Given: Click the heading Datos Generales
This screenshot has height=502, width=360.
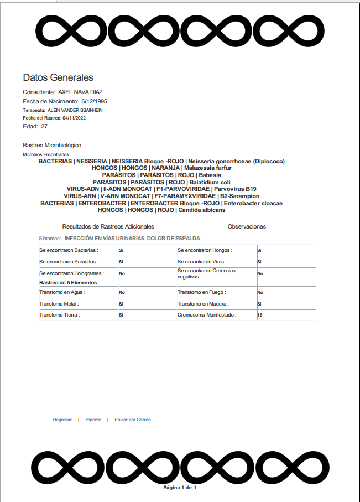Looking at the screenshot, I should tap(58, 77).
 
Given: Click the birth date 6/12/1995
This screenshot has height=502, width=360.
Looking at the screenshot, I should tap(94, 101).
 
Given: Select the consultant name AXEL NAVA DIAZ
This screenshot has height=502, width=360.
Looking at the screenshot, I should tap(80, 92).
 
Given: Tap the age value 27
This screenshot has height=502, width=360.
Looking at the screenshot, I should tap(44, 127).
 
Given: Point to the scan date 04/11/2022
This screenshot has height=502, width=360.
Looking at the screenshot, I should tap(74, 118).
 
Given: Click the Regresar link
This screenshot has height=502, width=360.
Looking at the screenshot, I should tap(62, 420).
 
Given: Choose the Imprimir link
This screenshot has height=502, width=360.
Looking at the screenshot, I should tap(93, 420).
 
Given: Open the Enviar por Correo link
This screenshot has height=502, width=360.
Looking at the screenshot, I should tap(133, 420).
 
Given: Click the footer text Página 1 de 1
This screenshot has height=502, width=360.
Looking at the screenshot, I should tap(180, 488).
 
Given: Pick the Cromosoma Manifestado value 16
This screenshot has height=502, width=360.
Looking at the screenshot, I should tap(260, 315).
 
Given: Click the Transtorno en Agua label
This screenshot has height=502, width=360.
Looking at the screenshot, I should tap(62, 292).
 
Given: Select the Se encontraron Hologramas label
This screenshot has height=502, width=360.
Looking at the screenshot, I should tap(70, 273).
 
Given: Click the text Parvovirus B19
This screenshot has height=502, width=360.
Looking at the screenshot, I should tap(235, 189).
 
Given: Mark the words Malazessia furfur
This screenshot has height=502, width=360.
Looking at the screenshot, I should tap(208, 168).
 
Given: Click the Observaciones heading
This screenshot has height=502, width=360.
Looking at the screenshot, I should tap(247, 227).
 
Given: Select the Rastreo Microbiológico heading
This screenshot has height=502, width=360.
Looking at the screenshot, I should tap(52, 145).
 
